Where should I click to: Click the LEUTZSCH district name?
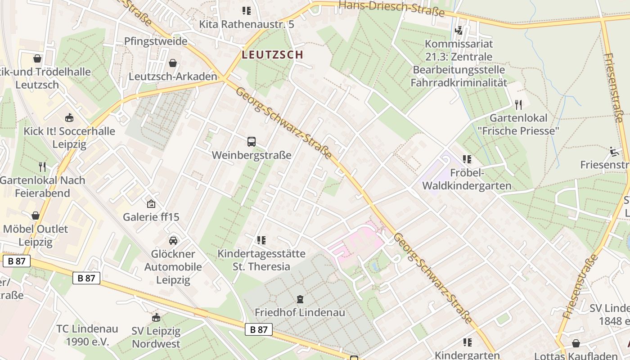click(x=272, y=55)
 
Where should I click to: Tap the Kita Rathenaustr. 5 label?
click(x=247, y=24)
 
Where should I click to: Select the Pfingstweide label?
click(x=156, y=41)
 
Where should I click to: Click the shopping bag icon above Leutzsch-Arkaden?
click(x=172, y=63)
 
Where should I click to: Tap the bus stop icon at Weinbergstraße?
click(x=252, y=142)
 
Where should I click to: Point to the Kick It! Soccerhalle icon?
click(x=69, y=118)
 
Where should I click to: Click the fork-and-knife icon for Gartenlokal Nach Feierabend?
click(x=42, y=167)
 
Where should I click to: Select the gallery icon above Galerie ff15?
click(x=151, y=204)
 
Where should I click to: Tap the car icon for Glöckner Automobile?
click(x=173, y=241)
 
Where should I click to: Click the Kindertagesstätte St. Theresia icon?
click(x=261, y=240)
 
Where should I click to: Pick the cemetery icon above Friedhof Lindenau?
click(x=300, y=299)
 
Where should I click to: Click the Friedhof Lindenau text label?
click(x=300, y=312)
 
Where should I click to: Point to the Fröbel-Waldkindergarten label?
click(x=467, y=179)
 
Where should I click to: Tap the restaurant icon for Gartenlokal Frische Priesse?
click(x=518, y=105)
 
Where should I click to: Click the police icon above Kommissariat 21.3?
click(x=459, y=31)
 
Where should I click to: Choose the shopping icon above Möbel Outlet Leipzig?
click(x=35, y=216)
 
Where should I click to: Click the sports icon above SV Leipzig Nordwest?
click(x=156, y=318)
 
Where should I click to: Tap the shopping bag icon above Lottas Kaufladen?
click(x=576, y=343)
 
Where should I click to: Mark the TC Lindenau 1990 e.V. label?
click(x=87, y=335)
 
